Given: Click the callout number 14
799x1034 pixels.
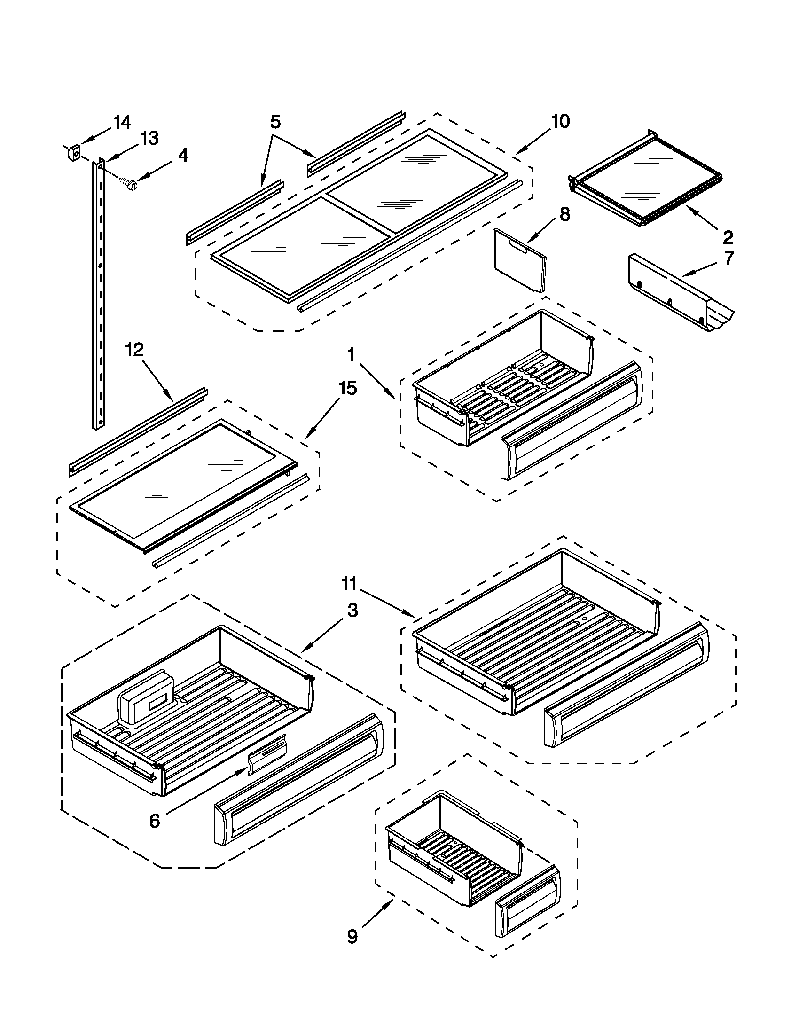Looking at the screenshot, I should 122,123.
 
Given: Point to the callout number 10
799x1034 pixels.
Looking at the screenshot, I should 560,122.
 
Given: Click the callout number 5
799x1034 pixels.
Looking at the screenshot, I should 275,122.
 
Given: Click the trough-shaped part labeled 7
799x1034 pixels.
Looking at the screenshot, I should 677,292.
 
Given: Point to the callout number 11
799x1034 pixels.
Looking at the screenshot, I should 349,585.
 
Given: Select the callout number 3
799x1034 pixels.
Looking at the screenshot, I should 352,611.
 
